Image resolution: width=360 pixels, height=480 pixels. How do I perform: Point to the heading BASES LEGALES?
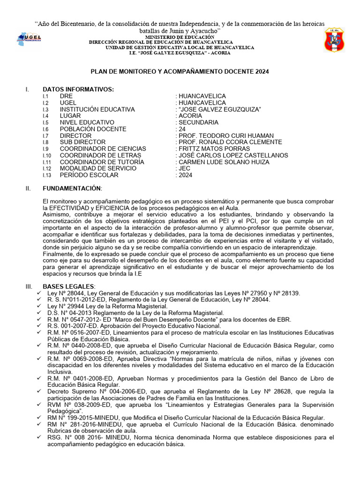pyautogui.click(x=68, y=286)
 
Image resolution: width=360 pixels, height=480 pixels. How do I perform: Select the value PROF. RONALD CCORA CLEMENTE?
pyautogui.click(x=230, y=142)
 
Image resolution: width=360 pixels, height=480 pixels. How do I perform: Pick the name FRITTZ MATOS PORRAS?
pyautogui.click(x=214, y=149)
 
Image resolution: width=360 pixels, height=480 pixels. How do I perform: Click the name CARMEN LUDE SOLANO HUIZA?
pyautogui.click(x=224, y=162)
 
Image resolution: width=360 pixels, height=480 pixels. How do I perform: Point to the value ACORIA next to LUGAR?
pyautogui.click(x=190, y=116)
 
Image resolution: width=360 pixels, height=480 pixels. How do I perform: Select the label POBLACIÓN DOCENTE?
pyautogui.click(x=93, y=129)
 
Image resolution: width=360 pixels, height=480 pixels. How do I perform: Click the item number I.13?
pyautogui.click(x=46, y=175)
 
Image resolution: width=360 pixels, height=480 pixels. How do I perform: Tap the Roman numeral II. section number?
pyautogui.click(x=28, y=188)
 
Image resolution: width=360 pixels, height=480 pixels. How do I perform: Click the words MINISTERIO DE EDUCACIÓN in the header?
pyautogui.click(x=180, y=37)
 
